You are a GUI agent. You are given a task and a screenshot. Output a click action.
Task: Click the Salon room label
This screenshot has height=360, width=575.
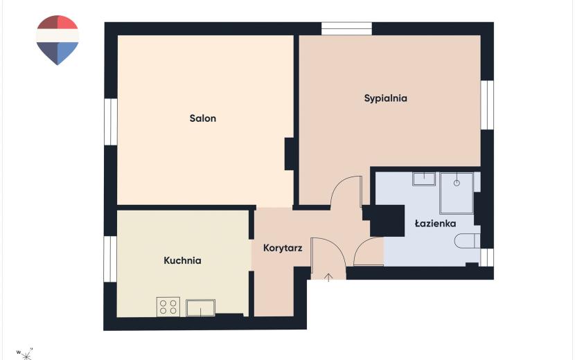point(203,118)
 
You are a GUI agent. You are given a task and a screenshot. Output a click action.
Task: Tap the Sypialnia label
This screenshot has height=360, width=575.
point(385,98)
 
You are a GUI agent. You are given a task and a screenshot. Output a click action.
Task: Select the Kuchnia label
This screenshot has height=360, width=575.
point(182,260)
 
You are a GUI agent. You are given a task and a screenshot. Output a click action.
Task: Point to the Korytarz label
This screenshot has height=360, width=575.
point(283,248)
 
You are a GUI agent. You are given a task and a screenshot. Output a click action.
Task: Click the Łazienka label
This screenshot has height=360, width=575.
point(435,224)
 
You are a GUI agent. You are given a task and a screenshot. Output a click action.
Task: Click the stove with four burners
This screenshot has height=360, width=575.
point(168,307)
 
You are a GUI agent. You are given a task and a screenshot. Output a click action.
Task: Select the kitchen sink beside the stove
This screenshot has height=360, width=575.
point(201,307)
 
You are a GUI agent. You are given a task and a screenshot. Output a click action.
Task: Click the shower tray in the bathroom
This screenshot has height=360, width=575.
point(457,193)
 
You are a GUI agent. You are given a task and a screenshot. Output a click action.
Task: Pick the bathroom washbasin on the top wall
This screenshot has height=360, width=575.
point(424,179)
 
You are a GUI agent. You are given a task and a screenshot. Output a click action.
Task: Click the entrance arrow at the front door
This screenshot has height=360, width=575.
point(328,277)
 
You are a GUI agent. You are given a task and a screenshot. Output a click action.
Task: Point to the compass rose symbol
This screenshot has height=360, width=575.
point(26,354)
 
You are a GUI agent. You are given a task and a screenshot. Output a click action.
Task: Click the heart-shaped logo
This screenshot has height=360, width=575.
point(57,40)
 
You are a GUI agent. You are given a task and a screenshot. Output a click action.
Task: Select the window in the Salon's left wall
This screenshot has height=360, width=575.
point(110,122)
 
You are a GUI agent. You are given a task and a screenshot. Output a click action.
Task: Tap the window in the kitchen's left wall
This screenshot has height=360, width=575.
point(110,259)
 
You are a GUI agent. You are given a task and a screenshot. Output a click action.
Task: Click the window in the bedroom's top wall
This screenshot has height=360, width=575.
point(347,28)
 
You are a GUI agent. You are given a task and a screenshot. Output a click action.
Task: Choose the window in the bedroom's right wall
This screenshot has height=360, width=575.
point(487,105)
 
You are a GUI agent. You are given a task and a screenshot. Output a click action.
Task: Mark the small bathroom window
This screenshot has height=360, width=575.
point(487,258)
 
